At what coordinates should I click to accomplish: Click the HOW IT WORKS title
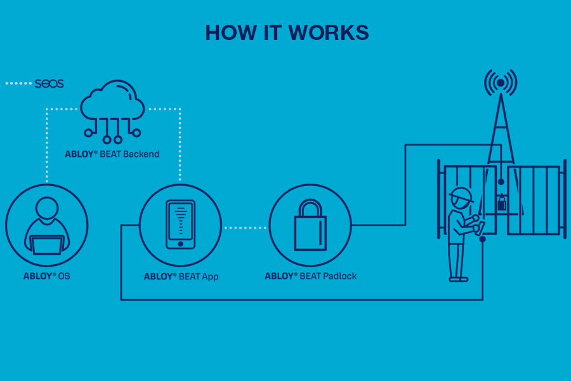pos(287,33)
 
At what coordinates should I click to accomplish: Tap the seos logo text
pos(49,83)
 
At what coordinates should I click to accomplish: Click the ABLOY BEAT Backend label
pos(112,154)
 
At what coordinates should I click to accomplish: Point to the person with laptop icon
pos(47,225)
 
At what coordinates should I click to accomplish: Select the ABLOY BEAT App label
pos(181,276)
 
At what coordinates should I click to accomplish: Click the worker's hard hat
pos(461,194)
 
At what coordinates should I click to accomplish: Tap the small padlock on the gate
pos(502,203)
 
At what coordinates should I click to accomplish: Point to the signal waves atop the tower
pos(501,83)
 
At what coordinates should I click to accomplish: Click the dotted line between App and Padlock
pos(245,227)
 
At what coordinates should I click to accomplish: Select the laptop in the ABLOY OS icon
pos(47,244)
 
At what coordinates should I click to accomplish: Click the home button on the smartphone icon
pos(181,243)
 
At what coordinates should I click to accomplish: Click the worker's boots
pos(458,278)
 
